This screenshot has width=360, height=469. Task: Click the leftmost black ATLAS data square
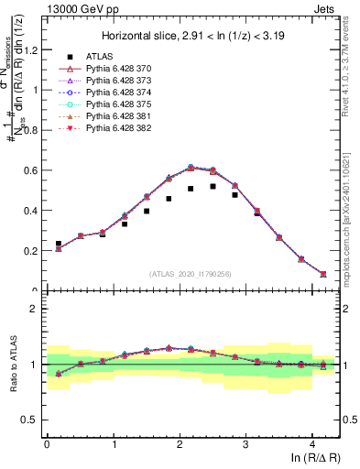pos(59,244)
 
